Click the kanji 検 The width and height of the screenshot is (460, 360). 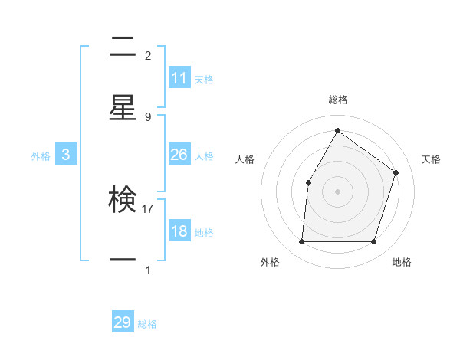[123, 201]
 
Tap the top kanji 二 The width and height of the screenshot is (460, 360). [123, 47]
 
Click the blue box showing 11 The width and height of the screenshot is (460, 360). [179, 78]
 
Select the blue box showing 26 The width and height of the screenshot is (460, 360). [179, 155]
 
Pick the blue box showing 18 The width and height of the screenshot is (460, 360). [179, 231]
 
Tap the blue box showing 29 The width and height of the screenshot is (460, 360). [123, 322]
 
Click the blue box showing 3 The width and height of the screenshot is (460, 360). [66, 155]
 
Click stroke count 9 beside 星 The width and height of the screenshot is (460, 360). [148, 116]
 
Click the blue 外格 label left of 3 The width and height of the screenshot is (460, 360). [41, 155]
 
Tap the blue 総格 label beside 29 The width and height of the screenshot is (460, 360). [147, 324]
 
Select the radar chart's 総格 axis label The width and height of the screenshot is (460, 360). [337, 100]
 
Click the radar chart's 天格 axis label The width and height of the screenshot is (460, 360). [432, 159]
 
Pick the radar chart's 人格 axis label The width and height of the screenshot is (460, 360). [245, 159]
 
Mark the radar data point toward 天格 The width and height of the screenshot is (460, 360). [396, 172]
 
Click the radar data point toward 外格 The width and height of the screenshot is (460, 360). [301, 242]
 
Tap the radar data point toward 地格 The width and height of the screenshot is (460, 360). [373, 242]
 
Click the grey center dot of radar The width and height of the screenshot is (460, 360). [337, 191]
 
